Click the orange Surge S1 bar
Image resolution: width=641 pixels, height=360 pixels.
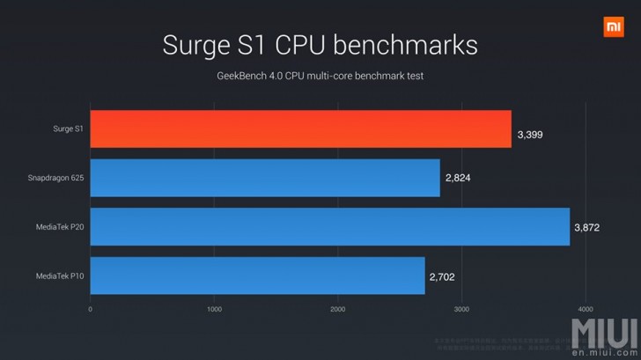point(300,129)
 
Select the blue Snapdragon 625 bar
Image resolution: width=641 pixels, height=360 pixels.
point(264,178)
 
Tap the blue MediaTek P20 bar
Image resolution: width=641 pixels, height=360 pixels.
point(329,227)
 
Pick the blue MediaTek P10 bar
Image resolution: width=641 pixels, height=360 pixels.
point(257,276)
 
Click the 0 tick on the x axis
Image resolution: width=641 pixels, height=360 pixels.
point(91,309)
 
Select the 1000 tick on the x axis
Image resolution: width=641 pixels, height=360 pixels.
point(214,309)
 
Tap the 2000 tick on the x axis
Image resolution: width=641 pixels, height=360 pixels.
point(338,309)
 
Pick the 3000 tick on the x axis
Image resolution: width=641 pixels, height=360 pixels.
point(461,309)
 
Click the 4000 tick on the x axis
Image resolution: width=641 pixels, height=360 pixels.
point(586,309)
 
